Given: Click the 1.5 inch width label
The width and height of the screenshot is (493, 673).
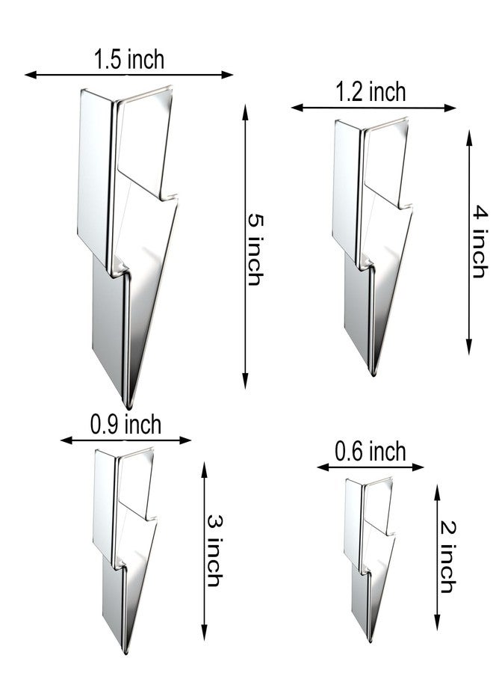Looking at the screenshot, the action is (129, 60).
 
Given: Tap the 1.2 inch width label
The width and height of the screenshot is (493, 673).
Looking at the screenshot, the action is (370, 92).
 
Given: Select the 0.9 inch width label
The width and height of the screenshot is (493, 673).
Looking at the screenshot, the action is (125, 425).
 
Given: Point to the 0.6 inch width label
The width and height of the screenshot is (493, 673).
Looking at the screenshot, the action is (370, 452).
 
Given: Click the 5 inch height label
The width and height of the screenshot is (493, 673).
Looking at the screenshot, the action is (255, 250).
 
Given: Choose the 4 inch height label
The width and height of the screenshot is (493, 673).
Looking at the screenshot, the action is (480, 242).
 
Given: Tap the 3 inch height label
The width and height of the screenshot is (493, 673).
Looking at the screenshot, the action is (214, 550).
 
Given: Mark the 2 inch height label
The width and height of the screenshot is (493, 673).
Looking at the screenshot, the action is (447, 557).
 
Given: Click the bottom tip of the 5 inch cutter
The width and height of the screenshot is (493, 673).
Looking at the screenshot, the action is (127, 407).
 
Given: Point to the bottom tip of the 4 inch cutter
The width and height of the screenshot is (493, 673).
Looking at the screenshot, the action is (373, 375).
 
